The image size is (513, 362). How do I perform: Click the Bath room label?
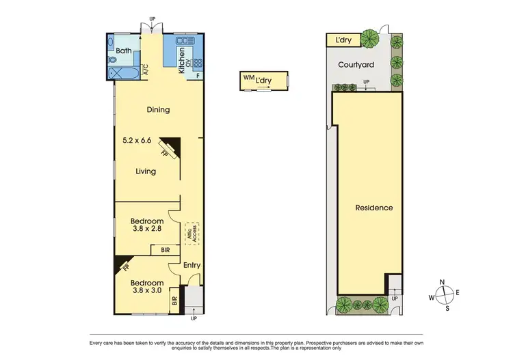tap(124, 51)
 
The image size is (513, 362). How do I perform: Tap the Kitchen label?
tap(182, 60)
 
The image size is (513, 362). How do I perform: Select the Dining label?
tap(158, 109)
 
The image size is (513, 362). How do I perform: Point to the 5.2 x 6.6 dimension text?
tap(137, 141)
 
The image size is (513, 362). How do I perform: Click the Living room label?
tap(146, 171)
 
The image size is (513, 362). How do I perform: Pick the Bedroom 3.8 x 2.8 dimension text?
tap(147, 230)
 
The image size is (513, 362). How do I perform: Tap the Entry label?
tap(192, 266)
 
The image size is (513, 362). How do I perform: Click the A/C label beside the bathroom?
tap(146, 70)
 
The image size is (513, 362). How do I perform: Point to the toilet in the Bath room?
tap(113, 59)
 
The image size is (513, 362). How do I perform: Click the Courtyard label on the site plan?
tap(356, 66)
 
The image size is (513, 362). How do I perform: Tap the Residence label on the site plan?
tap(373, 208)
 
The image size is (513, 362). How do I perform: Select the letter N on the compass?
tap(443, 282)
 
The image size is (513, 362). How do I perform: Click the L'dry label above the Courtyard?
tap(343, 41)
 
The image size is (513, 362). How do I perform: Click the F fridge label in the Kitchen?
tap(198, 75)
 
